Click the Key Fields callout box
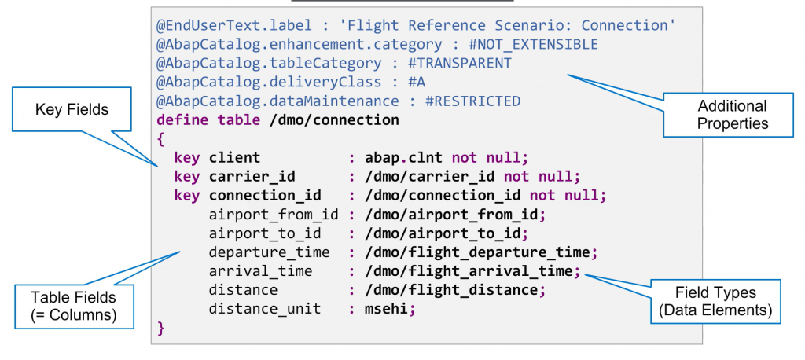point(72,110)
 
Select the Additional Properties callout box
point(732,115)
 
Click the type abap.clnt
point(402,157)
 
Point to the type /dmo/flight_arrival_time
point(469,271)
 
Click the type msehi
point(387,309)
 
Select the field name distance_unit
point(265,309)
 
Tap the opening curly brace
point(160,139)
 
